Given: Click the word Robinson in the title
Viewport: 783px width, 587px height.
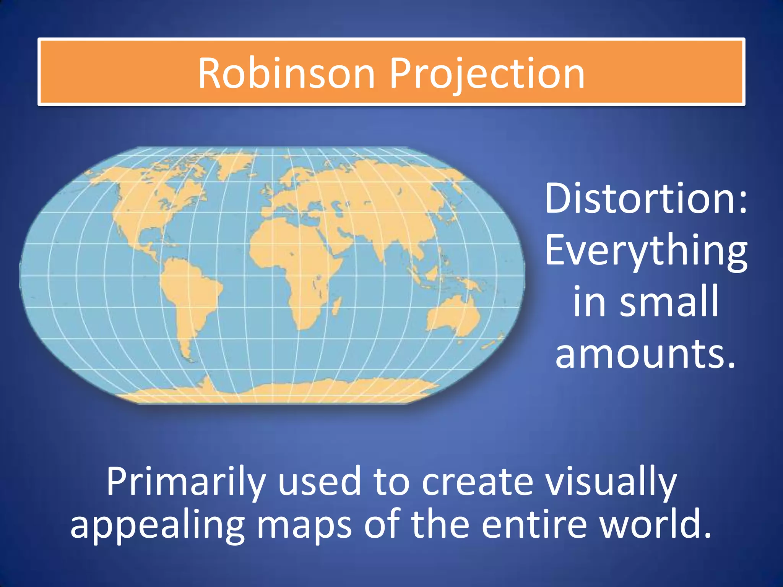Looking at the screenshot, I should (286, 73).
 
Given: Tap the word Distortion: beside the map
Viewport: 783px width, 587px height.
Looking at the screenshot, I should (645, 199).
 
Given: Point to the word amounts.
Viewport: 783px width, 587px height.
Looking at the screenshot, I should (646, 354).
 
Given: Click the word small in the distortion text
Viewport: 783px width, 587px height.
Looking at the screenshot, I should (669, 302).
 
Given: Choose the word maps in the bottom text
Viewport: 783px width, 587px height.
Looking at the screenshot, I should (304, 525).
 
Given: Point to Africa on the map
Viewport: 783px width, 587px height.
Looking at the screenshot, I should (294, 260).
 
